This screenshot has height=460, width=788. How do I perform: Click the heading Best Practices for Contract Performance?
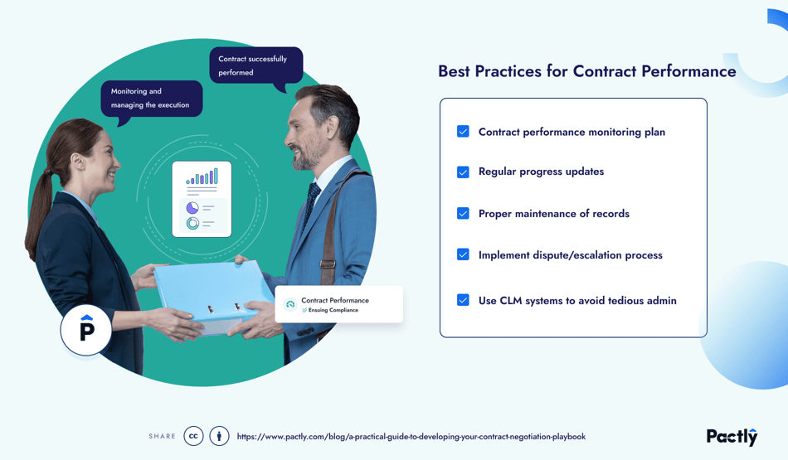(586, 71)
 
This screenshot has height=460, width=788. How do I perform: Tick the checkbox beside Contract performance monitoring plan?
(463, 131)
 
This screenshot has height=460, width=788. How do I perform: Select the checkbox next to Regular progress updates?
(463, 172)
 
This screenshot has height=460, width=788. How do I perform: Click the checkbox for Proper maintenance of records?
(463, 213)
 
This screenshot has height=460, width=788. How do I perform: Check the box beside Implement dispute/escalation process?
(463, 254)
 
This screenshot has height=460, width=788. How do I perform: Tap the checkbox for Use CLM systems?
(463, 300)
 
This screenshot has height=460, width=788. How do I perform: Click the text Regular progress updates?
(541, 172)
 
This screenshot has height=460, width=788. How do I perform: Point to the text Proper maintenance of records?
(553, 214)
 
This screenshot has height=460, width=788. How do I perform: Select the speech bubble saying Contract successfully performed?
(255, 65)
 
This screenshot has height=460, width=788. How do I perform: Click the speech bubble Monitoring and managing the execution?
(151, 99)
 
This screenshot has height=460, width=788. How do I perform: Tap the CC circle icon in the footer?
(193, 436)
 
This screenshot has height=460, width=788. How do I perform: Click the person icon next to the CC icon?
(219, 436)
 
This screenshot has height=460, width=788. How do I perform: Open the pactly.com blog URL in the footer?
(411, 437)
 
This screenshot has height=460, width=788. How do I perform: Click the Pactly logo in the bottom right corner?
(732, 436)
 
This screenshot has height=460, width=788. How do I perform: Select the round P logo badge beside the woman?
(86, 330)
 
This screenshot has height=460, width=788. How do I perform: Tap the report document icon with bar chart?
(202, 199)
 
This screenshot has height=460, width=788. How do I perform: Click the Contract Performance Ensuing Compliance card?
(338, 304)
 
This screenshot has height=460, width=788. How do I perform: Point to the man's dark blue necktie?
(313, 199)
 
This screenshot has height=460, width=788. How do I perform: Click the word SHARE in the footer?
(162, 437)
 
